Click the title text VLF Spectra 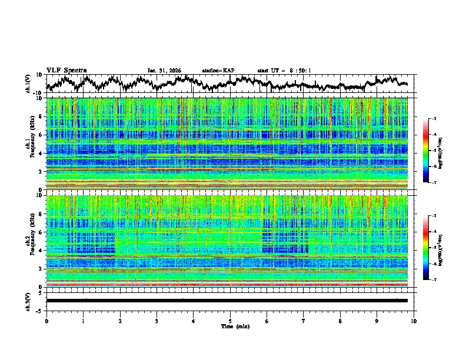click(x=66, y=70)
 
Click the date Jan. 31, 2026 click(x=164, y=71)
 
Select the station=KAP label click(x=218, y=71)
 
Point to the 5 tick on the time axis click(x=230, y=321)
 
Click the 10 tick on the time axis click(x=414, y=321)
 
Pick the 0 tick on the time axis click(x=46, y=321)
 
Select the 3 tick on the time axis click(x=157, y=321)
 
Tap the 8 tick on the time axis click(x=341, y=321)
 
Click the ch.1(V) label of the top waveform click(x=28, y=84)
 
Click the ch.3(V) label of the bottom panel click(x=28, y=300)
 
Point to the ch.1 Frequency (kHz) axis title click(x=29, y=144)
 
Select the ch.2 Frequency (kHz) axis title click(x=29, y=241)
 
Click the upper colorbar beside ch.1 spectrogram click(x=426, y=151)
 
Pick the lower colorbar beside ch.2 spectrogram click(x=426, y=248)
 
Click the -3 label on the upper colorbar click(x=434, y=119)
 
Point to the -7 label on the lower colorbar click(x=434, y=280)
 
